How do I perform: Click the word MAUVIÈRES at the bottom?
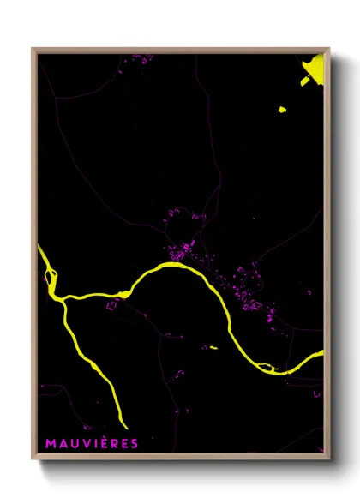click(x=92, y=442)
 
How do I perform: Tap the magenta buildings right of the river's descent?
click(x=244, y=287)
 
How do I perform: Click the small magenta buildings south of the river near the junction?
click(x=111, y=304)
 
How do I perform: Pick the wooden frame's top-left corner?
click(x=33, y=50)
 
